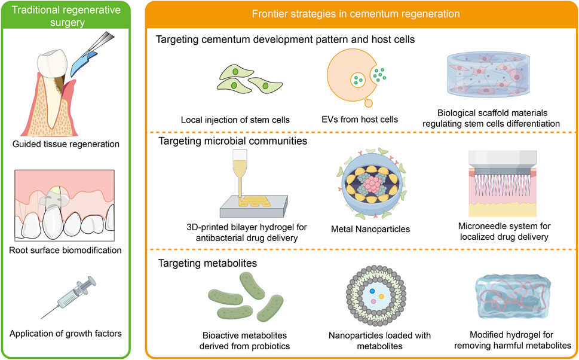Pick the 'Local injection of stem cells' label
pyautogui.click(x=235, y=119)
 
